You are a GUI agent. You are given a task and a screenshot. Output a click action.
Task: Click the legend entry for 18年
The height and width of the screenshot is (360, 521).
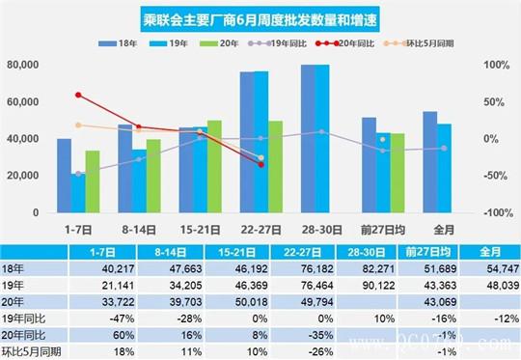[129, 43]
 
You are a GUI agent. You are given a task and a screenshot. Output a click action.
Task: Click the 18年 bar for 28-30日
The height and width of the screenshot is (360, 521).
[307, 138]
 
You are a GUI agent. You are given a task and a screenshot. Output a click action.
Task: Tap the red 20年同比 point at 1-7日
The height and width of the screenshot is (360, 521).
[78, 95]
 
